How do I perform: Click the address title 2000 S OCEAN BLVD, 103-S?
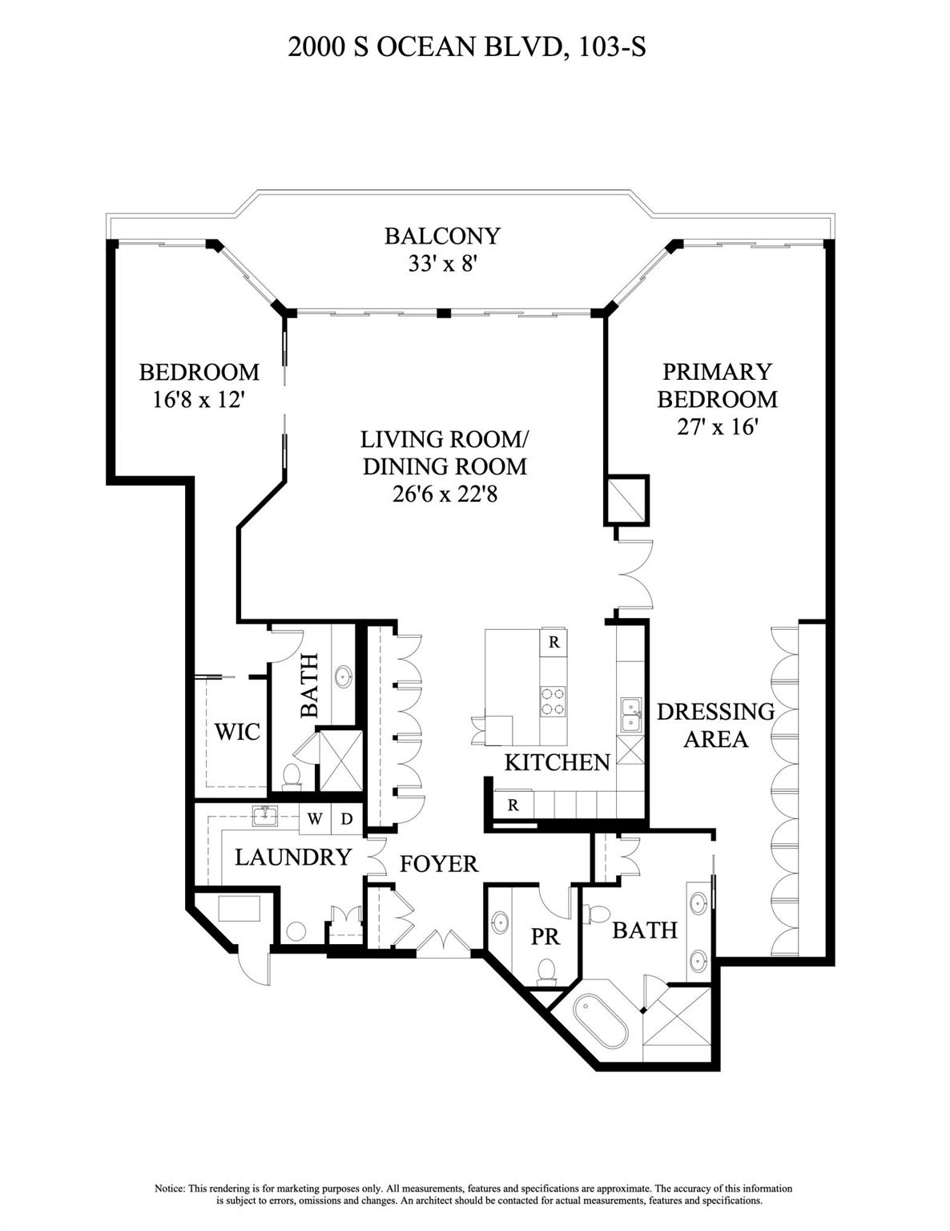[x=467, y=48]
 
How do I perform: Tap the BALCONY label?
[x=442, y=236]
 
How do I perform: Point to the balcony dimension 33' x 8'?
[x=442, y=263]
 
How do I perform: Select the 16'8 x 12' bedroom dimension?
[x=198, y=399]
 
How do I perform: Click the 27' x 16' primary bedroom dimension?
[x=717, y=426]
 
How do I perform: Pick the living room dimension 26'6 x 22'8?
[x=445, y=494]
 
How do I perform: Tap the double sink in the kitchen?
[x=631, y=715]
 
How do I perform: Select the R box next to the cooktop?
[x=553, y=642]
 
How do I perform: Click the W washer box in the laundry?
[x=316, y=819]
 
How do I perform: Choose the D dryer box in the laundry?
[x=347, y=819]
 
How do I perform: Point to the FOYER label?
[x=438, y=863]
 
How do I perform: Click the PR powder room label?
[x=545, y=936]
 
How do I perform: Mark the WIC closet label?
[x=237, y=731]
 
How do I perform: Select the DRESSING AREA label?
[x=715, y=724]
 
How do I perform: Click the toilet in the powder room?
[x=547, y=969]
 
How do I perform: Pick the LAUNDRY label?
[x=292, y=857]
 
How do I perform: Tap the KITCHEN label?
[x=557, y=761]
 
